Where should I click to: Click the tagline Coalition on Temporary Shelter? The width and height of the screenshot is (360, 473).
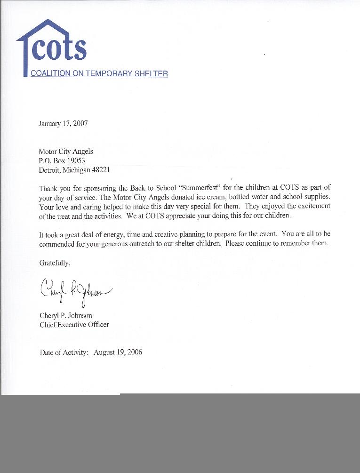[x=99, y=73]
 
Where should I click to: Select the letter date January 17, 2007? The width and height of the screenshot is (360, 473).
[x=63, y=124]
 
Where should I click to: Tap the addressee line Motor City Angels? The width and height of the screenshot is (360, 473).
[x=66, y=152]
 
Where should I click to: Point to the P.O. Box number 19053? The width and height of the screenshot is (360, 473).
[x=75, y=160]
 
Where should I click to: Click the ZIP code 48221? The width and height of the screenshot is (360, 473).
[x=100, y=169]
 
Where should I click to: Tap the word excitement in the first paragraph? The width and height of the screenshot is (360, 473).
[x=313, y=206]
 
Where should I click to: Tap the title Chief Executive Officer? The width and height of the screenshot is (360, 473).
[x=74, y=325]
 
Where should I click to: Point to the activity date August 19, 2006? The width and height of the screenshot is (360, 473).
[x=118, y=353]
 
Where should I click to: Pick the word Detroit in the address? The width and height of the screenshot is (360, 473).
[x=50, y=169]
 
